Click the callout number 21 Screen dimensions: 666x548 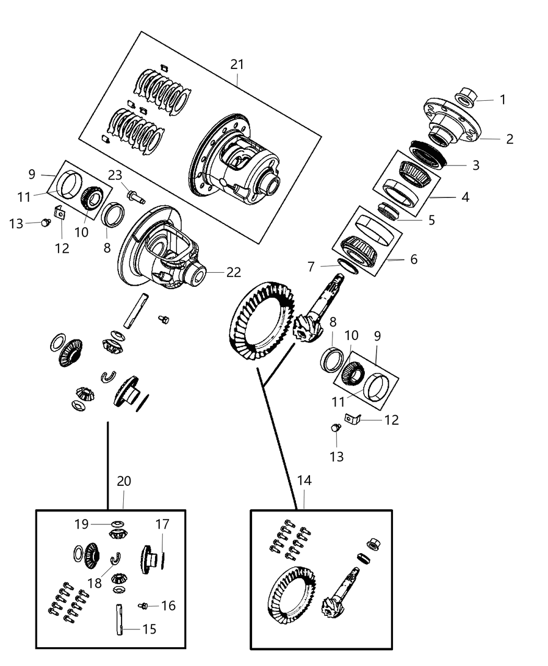237,64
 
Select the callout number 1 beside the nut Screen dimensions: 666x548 503,99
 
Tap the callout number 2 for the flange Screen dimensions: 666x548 509,138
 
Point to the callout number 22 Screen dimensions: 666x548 233,272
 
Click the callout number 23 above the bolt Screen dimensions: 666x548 115,175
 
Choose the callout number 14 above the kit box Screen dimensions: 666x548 304,480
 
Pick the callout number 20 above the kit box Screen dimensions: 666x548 124,481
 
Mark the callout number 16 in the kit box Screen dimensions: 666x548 168,605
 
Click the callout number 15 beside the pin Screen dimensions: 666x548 149,629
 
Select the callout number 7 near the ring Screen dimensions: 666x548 311,267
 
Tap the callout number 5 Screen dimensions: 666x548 431,219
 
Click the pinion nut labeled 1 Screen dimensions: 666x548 464,97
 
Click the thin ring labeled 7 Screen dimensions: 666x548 348,265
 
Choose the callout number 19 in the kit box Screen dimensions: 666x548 81,523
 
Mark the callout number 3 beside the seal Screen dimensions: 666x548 475,165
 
